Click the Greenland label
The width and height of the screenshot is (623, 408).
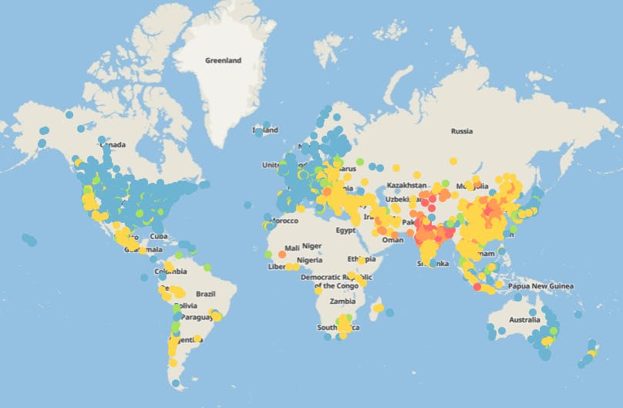pyautogui.click(x=223, y=59)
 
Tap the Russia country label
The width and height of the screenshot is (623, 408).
pyautogui.click(x=461, y=131)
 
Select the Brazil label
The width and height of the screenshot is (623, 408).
pyautogui.click(x=205, y=294)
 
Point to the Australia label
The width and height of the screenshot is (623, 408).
pyautogui.click(x=524, y=319)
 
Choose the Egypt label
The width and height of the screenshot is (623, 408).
pyautogui.click(x=347, y=230)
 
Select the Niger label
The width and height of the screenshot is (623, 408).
pyautogui.click(x=311, y=246)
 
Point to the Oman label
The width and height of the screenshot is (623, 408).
pyautogui.click(x=392, y=239)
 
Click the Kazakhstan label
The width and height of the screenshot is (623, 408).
pyautogui.click(x=406, y=186)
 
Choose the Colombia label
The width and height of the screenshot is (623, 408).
pyautogui.click(x=170, y=271)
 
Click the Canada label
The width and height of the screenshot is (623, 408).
pyautogui.click(x=112, y=145)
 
